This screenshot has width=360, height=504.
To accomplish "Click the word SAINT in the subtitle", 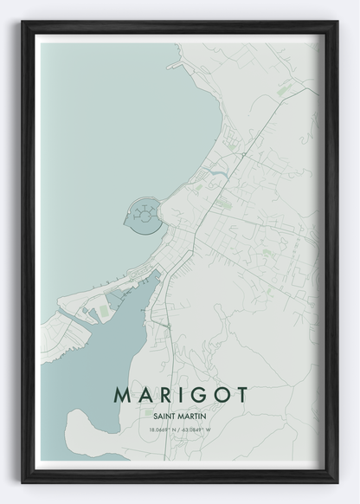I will [164, 414].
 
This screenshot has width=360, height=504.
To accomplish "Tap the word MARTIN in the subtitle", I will [194, 414].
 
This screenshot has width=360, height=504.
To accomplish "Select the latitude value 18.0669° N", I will [163, 429].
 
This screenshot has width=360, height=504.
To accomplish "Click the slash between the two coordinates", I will [180, 429].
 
